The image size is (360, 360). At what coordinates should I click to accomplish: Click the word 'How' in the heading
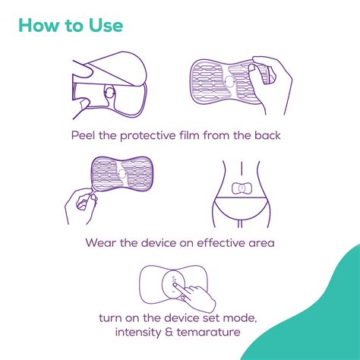(x=39, y=27)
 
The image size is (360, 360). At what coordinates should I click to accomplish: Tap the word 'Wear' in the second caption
(x=102, y=245)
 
